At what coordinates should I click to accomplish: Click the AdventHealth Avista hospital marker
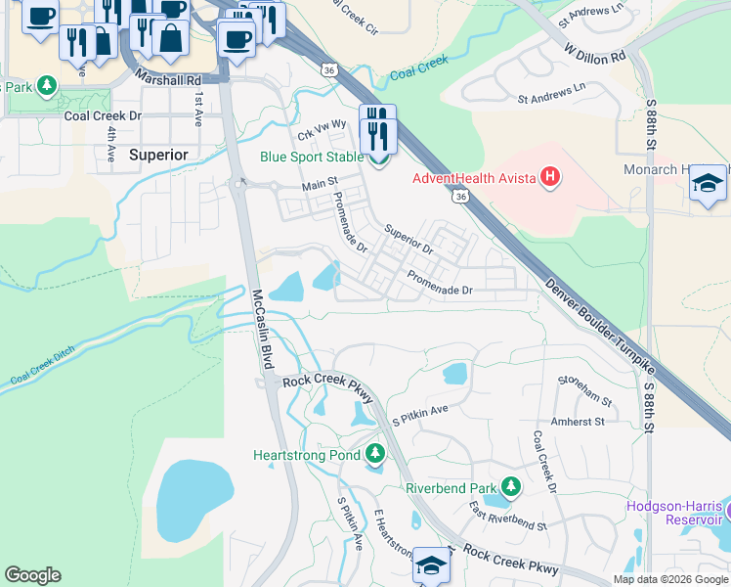[551, 177]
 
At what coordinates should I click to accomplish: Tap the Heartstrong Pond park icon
[375, 454]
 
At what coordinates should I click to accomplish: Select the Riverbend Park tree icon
[509, 486]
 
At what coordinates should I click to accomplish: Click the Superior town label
[158, 155]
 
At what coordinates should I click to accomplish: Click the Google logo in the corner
[32, 575]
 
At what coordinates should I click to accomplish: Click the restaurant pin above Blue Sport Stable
[378, 131]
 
